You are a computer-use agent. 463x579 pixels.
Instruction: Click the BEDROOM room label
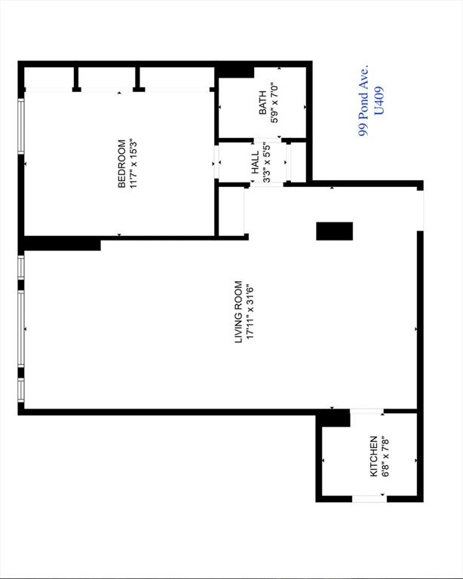(x=122, y=164)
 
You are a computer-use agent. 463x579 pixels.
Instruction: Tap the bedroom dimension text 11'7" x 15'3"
(x=133, y=164)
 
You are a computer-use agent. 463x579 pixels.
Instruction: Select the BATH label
(x=262, y=103)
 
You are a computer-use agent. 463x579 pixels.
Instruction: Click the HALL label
(x=255, y=163)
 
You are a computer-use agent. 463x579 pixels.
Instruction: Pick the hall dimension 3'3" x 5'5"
(x=267, y=163)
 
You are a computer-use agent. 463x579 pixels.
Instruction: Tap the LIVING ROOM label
(x=238, y=312)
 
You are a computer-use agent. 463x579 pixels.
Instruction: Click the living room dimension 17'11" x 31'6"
(x=250, y=312)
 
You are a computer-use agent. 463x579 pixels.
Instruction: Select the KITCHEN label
(x=374, y=456)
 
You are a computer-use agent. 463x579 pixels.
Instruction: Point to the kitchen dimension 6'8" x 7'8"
(x=385, y=456)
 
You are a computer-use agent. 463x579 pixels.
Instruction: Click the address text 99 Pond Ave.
(x=363, y=101)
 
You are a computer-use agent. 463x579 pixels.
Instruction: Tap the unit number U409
(x=379, y=101)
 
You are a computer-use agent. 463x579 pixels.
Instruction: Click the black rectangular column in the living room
(x=335, y=231)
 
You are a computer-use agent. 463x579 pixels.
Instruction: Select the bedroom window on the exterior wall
(x=21, y=126)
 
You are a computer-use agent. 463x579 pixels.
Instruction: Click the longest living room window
(x=21, y=329)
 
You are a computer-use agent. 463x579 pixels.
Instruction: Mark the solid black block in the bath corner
(x=235, y=72)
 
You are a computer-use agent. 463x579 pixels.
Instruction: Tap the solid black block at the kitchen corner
(x=334, y=418)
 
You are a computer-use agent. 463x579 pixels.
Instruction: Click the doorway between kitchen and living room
(x=366, y=412)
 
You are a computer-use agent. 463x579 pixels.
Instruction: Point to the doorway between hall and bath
(x=267, y=140)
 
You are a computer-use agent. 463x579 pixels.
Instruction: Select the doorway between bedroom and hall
(x=216, y=162)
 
